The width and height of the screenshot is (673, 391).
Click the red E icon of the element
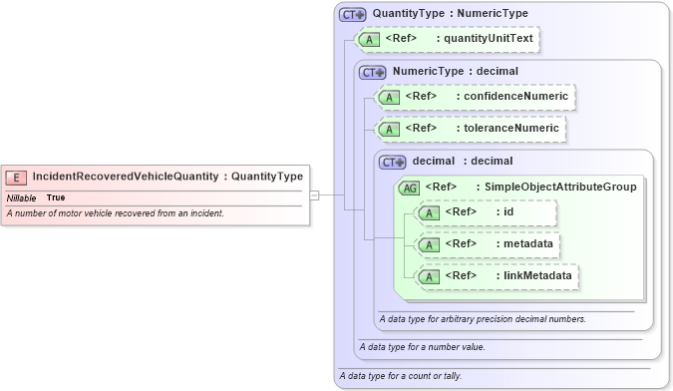16,177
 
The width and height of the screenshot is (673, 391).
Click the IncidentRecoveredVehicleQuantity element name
125,177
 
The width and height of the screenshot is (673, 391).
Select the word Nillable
22,197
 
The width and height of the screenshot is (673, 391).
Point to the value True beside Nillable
56,197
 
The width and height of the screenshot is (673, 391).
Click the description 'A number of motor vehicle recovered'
115,213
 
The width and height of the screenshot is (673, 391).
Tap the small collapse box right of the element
315,195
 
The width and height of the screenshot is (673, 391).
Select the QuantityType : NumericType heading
444,14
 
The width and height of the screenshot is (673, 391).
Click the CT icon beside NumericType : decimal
372,72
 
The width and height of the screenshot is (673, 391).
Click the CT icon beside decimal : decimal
393,161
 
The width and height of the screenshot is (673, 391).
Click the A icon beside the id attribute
429,212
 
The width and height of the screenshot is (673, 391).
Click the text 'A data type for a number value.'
422,347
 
